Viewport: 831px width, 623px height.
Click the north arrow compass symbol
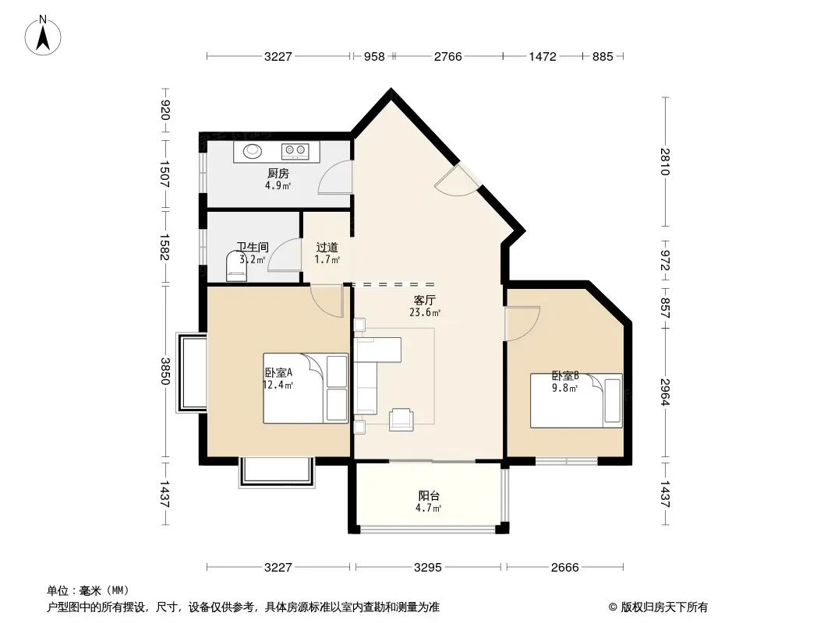pos(43,35)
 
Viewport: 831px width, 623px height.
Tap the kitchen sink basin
pos(253,151)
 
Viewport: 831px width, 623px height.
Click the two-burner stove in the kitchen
pos(295,151)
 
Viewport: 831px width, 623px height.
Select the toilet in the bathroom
pos(236,266)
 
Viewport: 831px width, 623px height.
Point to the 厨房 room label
pos(278,173)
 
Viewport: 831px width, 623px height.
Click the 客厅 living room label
pos(425,300)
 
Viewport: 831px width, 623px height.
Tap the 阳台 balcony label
pos(429,496)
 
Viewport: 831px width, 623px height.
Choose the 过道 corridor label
pos(327,247)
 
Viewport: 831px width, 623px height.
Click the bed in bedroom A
pos(306,388)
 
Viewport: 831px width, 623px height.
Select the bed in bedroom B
pos(576,401)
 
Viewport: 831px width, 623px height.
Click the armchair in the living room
pos(401,420)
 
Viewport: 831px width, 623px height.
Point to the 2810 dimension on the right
pos(665,161)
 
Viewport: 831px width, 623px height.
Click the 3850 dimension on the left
pos(165,371)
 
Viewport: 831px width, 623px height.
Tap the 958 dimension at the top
pos(374,56)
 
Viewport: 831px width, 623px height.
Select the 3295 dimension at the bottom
pos(428,568)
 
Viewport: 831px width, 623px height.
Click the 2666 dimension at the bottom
pos(565,568)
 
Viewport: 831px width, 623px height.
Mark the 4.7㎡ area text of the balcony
pos(428,509)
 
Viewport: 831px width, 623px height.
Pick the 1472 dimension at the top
pos(543,56)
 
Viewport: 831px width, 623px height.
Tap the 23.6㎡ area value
pos(425,312)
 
